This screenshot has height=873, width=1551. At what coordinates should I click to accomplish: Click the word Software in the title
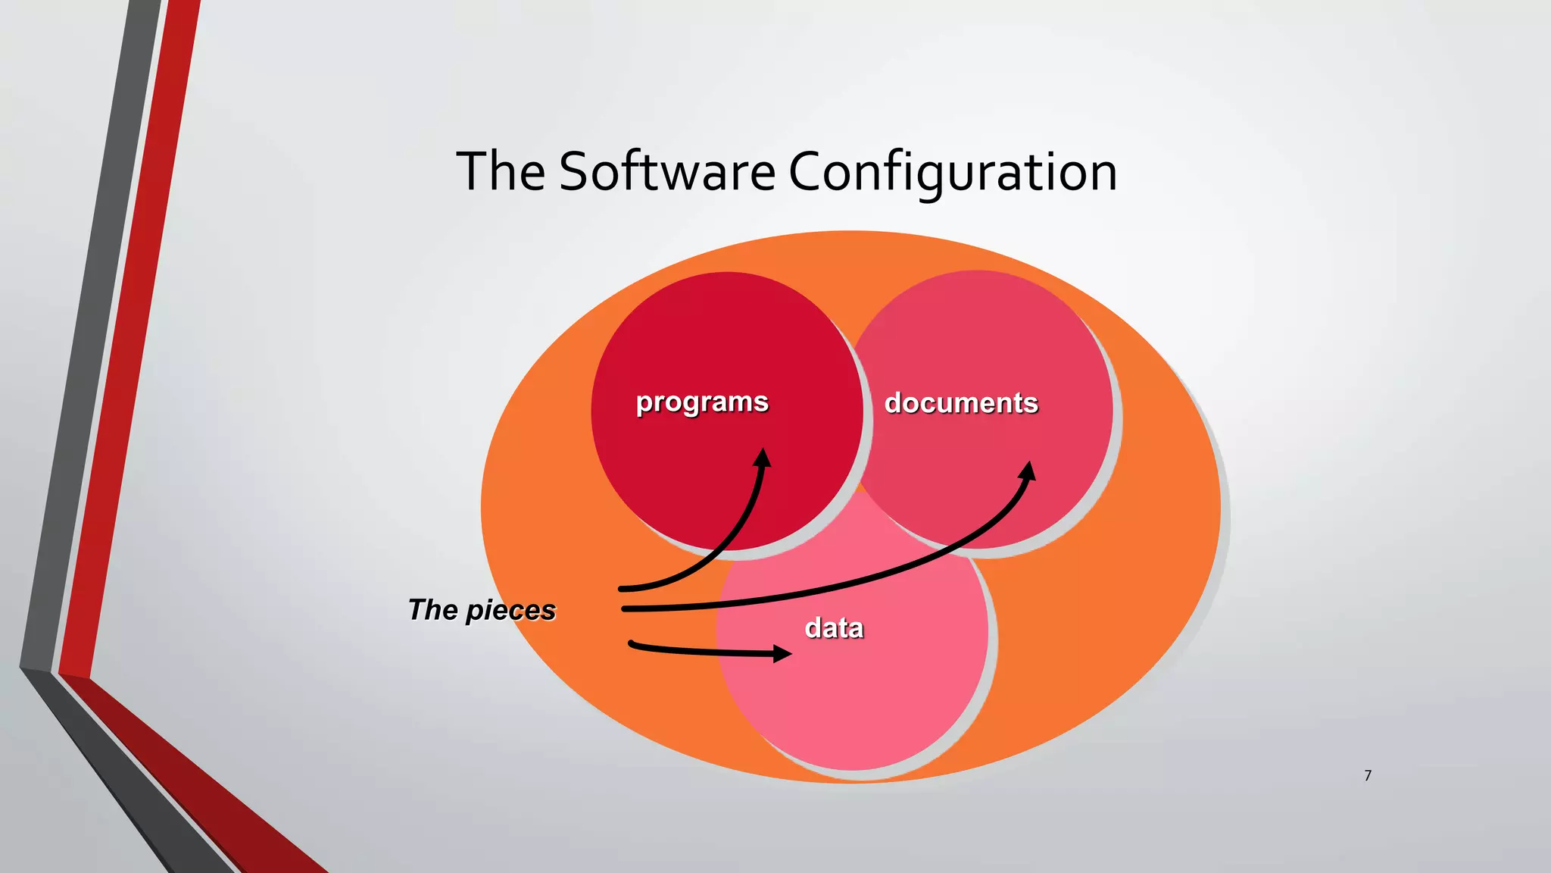[x=667, y=171]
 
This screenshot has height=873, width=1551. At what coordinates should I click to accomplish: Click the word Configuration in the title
[x=953, y=173]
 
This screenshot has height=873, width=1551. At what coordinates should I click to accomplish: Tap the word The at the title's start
[x=501, y=171]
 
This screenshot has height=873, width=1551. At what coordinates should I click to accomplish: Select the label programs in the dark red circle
[x=702, y=402]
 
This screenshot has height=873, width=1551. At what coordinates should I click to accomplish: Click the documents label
[x=961, y=403]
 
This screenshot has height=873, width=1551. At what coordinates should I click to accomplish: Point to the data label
[x=834, y=628]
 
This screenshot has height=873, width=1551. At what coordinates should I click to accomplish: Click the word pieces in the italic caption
[x=510, y=611]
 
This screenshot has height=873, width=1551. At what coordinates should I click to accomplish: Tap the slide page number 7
[x=1368, y=775]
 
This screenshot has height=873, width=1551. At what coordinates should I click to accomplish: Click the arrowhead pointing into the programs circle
[x=763, y=457]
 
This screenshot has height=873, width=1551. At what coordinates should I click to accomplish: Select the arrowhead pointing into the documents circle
[x=1028, y=471]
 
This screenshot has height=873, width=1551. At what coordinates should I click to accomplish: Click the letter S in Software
[x=575, y=171]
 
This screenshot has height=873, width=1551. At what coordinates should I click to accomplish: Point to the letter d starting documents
[x=894, y=402]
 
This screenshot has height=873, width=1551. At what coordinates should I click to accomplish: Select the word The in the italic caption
[x=432, y=610]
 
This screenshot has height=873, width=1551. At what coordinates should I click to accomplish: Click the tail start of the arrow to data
[x=632, y=644]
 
